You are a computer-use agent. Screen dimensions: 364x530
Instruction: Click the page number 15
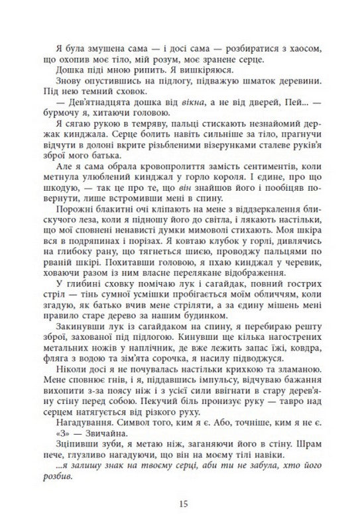(x=183, y=504)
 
